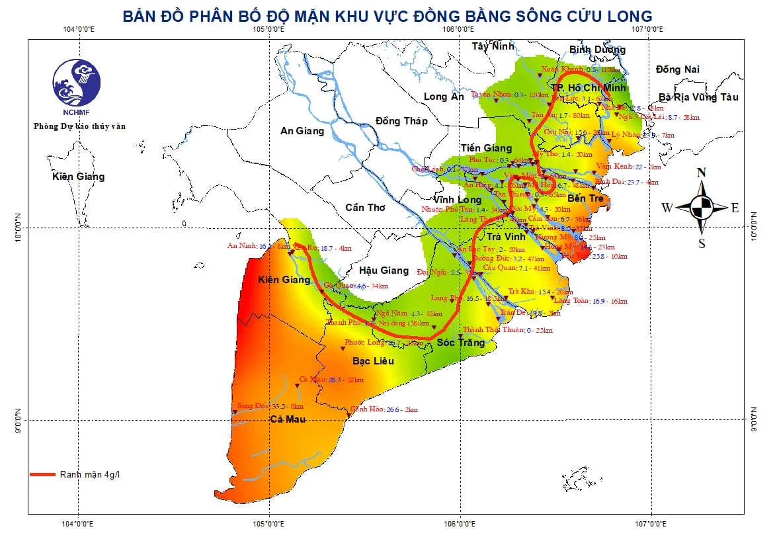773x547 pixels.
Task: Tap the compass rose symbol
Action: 702,208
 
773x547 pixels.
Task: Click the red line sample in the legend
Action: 42,474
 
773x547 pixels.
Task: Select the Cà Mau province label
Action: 288,419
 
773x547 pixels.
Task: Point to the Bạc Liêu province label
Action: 373,361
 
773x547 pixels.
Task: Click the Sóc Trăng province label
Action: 461,342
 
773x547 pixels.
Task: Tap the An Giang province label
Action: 302,131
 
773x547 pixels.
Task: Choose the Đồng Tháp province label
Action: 401,121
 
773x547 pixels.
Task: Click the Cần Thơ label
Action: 365,208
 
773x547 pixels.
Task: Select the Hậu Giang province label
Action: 384,270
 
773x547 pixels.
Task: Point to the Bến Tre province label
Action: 586,198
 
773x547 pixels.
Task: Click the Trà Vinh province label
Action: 506,236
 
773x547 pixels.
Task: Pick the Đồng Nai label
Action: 678,69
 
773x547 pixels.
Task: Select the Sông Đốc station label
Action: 250,405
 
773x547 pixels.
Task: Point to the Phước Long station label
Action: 364,343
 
